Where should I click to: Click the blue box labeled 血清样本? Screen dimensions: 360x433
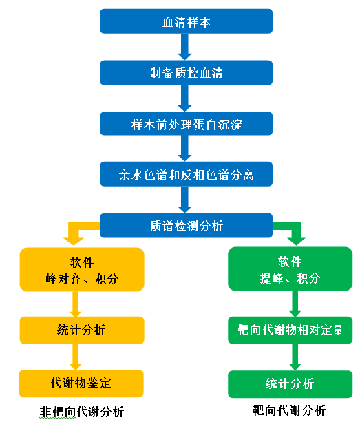186,21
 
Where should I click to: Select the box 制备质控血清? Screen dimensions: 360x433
186,73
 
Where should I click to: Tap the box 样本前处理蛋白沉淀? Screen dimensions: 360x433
186,123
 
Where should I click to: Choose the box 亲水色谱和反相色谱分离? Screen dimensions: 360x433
186,174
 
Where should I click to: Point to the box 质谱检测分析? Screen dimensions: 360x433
186,225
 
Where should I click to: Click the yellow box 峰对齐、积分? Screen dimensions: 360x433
82,270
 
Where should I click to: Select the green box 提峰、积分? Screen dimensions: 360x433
290,268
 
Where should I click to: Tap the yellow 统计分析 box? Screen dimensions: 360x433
82,330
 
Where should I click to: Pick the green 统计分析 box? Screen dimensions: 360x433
290,384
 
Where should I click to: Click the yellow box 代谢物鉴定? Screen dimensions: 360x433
81,383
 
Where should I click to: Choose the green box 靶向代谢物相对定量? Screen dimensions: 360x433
290,330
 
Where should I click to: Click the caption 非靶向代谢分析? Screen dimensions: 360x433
81,412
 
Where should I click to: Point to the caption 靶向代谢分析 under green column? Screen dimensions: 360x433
289,410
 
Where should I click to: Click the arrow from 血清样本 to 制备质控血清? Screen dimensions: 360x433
184,47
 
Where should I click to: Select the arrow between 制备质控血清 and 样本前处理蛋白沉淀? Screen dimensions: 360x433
184,98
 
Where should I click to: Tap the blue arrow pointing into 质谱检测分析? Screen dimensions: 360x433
184,200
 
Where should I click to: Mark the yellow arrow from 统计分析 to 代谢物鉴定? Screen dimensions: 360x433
75,357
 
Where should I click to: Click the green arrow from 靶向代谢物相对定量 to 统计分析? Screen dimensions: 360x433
295,357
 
